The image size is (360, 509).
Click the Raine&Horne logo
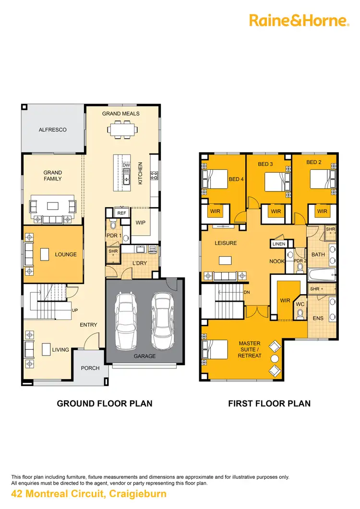pos(298,20)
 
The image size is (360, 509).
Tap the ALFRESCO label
pos(52,130)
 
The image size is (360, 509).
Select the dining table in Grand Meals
pos(121,129)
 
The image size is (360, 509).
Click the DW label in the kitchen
pos(126,165)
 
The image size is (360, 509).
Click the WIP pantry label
pos(140,223)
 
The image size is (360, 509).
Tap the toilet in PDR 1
pos(113,224)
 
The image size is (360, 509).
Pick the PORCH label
pos(90,368)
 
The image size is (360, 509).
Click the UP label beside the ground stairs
pos(74,310)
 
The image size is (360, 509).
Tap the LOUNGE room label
pos(66,254)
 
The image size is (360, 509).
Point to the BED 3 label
pos(265,164)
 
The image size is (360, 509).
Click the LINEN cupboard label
pos(279,244)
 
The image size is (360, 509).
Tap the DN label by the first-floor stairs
pos(247,292)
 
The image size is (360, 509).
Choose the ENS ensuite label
pos(318,318)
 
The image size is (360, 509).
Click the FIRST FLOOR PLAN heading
pos(269,403)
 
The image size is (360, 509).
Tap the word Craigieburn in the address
pos(139,494)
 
